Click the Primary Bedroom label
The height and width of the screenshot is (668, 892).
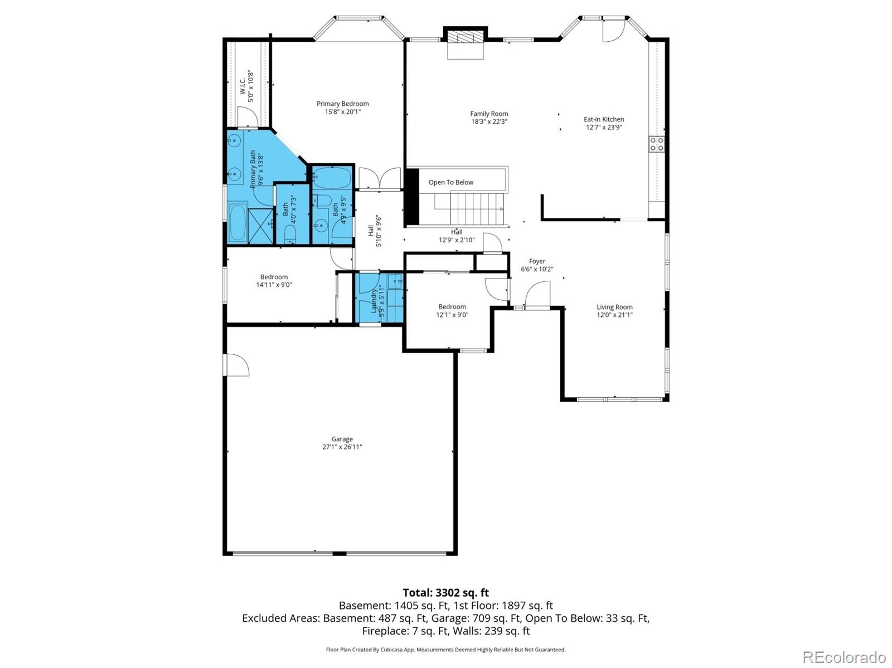(x=342, y=104)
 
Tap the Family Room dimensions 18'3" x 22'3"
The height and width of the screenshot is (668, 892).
(x=489, y=121)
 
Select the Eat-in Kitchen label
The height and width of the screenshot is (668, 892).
(x=604, y=119)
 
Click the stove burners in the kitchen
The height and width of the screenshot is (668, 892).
(x=657, y=144)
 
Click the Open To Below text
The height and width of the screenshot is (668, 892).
(x=450, y=182)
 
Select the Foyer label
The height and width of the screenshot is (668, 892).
(x=537, y=261)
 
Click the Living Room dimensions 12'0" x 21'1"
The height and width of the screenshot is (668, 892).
(x=614, y=315)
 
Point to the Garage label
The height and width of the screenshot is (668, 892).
(x=342, y=439)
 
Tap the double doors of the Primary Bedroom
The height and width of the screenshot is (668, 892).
(x=379, y=179)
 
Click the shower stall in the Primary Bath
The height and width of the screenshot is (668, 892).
(x=260, y=225)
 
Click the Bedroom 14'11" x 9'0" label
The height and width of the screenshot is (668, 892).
(x=274, y=277)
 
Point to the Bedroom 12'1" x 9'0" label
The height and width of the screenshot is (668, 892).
(x=452, y=307)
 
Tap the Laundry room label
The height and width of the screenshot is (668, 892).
(x=374, y=301)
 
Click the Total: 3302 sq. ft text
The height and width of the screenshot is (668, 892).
(x=445, y=593)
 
